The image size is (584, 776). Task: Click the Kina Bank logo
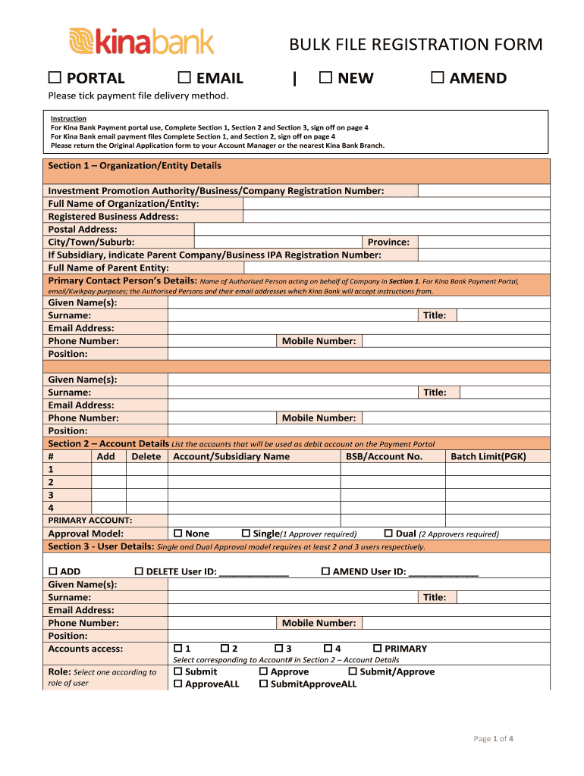click(x=141, y=41)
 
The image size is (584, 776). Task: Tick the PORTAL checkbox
click(x=54, y=78)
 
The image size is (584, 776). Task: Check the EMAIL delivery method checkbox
click(x=183, y=78)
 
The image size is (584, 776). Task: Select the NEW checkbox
click(x=325, y=78)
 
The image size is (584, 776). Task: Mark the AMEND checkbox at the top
click(x=436, y=78)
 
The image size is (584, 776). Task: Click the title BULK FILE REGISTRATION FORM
click(x=416, y=45)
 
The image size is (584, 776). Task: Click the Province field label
click(x=388, y=242)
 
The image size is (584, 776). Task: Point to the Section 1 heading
click(x=134, y=165)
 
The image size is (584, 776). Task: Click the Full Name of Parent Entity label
click(x=108, y=268)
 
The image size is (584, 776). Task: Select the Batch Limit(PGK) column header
click(x=488, y=456)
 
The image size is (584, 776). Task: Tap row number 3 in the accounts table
click(x=51, y=495)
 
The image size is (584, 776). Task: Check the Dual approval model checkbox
click(x=389, y=533)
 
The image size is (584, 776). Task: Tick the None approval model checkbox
click(x=178, y=533)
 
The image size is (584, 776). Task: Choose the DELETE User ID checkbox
click(x=139, y=571)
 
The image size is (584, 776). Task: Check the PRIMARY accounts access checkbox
click(x=378, y=649)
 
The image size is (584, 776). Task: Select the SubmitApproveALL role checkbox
click(x=264, y=684)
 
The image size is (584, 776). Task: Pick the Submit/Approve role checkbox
click(x=353, y=671)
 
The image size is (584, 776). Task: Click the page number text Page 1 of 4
click(x=495, y=739)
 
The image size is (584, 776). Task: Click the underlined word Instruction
click(x=68, y=119)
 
